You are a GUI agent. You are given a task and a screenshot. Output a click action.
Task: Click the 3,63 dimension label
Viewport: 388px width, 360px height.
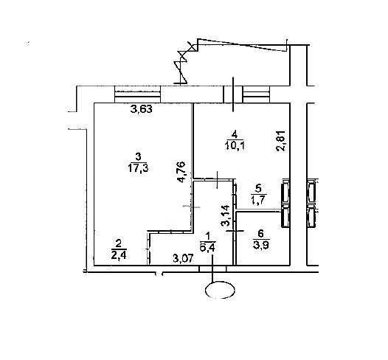pos(142,109)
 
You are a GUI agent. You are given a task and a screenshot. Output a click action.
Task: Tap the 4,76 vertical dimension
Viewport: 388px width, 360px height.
pos(181,172)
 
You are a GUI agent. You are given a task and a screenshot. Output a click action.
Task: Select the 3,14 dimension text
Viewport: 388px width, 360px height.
pos(226,215)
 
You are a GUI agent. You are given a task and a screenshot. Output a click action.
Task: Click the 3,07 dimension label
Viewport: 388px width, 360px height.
pos(183,259)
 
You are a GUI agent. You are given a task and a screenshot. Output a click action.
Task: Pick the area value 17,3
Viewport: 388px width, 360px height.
pos(138,168)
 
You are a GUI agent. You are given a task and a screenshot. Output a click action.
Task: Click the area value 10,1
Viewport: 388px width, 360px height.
pos(235,146)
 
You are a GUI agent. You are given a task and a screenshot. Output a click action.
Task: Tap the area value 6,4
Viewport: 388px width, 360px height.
pos(207,247)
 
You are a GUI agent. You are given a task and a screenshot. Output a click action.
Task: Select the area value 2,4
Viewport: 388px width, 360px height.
pos(119,255)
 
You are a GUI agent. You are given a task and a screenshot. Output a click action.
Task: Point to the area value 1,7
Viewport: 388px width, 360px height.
pos(258,200)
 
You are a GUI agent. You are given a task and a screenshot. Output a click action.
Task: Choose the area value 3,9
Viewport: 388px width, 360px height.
pos(261,245)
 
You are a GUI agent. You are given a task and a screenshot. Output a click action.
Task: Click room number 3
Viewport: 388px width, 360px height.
pos(139,156)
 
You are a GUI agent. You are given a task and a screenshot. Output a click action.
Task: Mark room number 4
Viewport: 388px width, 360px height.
pos(235,135)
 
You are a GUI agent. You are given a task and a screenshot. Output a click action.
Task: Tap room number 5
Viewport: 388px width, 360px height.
pos(259,189)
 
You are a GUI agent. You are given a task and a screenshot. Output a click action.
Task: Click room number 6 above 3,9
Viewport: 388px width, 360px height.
pos(261,234)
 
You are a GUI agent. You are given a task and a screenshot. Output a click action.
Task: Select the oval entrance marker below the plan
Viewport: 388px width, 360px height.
pos(221,290)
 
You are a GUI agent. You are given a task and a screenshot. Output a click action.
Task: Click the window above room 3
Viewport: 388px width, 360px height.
pos(138,94)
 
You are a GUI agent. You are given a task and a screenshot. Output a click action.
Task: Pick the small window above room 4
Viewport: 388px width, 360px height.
pos(256,94)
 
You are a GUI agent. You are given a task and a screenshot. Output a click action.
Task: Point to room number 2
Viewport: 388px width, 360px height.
pos(119,244)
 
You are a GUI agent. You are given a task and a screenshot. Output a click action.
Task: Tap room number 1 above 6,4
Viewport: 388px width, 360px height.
pos(208,236)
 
